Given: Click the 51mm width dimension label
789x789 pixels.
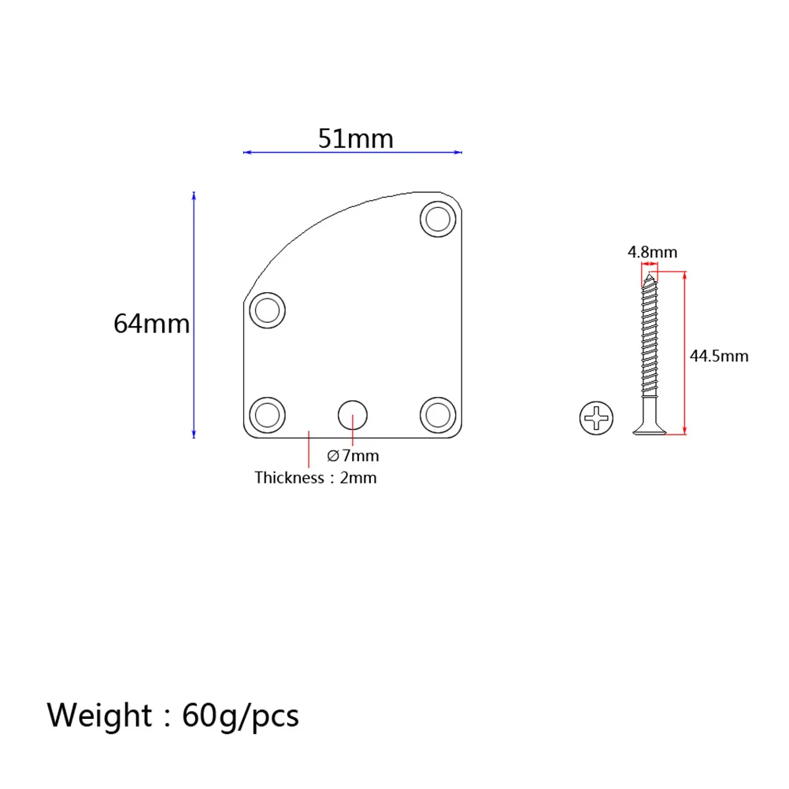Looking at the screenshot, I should (x=355, y=139).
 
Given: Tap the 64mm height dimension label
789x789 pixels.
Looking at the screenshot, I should (x=152, y=323).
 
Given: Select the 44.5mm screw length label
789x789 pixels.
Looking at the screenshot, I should (x=719, y=356).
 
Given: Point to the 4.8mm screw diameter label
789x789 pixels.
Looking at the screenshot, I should (x=652, y=252).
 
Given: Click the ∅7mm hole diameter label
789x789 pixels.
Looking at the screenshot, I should (x=353, y=456).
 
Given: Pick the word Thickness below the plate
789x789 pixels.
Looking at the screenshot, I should (x=288, y=477).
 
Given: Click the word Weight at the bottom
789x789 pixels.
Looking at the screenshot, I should (x=99, y=716).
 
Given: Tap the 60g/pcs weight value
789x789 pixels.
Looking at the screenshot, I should (x=240, y=716).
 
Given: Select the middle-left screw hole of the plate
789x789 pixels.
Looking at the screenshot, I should (x=268, y=310).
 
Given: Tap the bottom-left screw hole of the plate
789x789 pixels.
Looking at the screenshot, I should (x=268, y=414).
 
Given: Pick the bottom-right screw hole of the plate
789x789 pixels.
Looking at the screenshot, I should (x=438, y=414).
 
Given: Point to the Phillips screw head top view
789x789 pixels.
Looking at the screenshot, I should (x=598, y=417).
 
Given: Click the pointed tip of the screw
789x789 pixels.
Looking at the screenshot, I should (x=650, y=276).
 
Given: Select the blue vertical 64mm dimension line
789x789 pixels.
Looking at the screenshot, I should (x=194, y=315).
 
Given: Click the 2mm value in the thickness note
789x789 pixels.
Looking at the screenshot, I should (x=358, y=477).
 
